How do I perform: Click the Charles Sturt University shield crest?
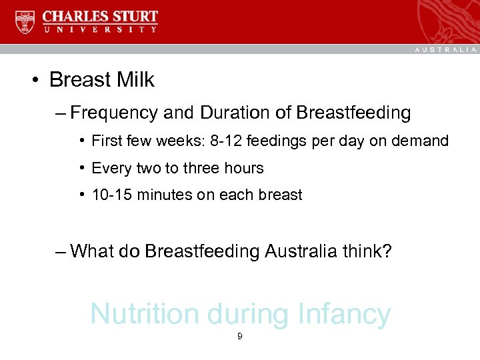pyautogui.click(x=25, y=22)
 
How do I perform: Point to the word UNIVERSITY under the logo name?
pyautogui.click(x=101, y=30)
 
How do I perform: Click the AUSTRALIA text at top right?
pyautogui.click(x=445, y=49)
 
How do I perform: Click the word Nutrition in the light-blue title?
pyautogui.click(x=145, y=314)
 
